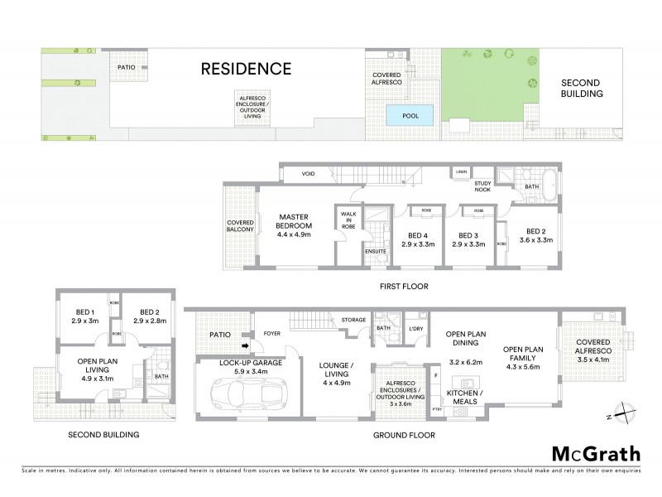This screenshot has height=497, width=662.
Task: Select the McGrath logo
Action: pyautogui.click(x=595, y=453)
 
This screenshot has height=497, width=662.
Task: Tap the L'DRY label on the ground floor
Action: pyautogui.click(x=416, y=330)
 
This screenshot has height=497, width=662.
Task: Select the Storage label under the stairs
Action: pyautogui.click(x=343, y=319)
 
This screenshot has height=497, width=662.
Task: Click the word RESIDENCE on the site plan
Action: pyautogui.click(x=247, y=69)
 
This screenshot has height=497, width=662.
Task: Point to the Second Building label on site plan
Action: pyautogui.click(x=582, y=89)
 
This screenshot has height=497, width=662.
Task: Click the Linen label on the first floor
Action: pyautogui.click(x=459, y=172)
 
